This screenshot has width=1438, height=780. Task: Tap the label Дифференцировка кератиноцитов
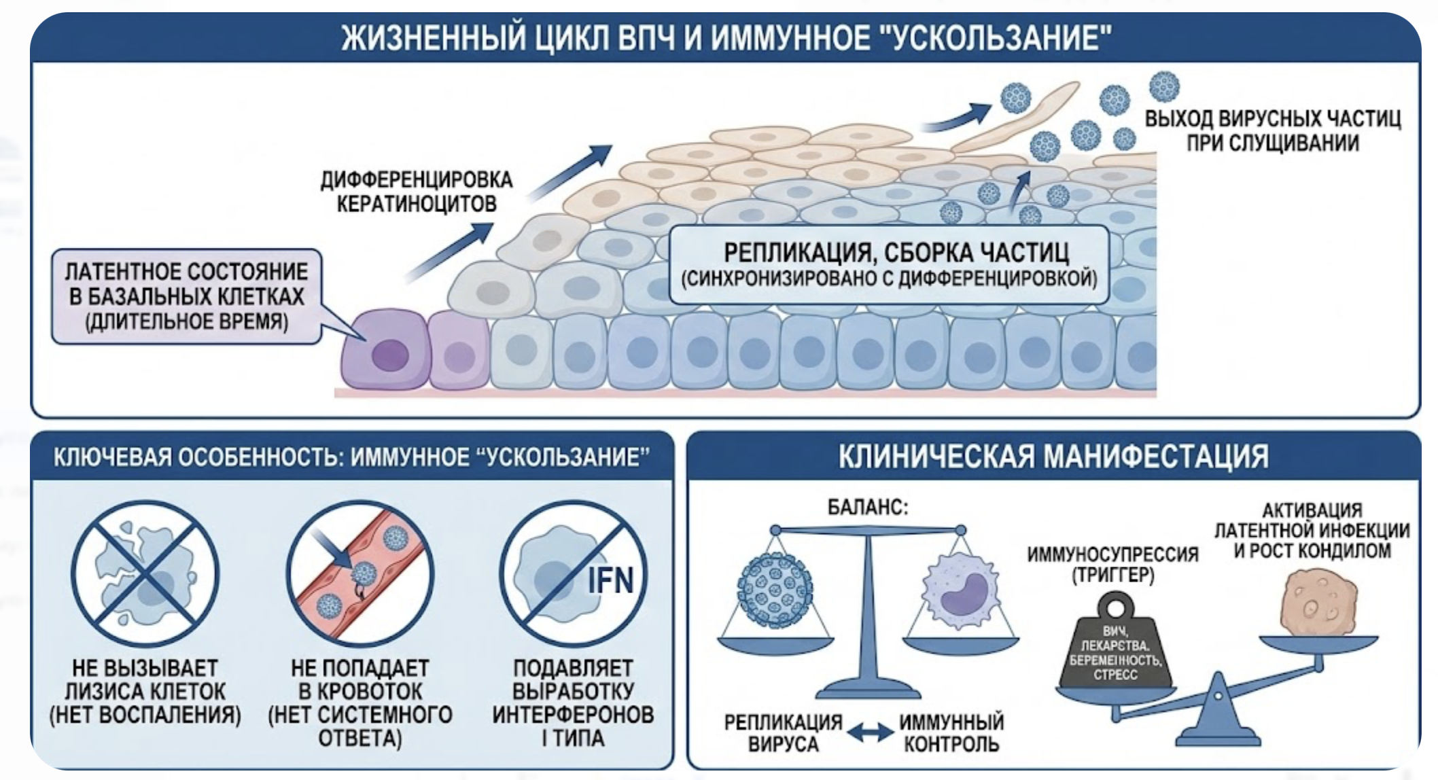click(x=417, y=192)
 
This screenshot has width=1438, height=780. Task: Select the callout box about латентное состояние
click(x=186, y=296)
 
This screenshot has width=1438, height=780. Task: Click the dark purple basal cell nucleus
click(x=390, y=355)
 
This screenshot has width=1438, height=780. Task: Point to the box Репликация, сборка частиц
click(x=889, y=264)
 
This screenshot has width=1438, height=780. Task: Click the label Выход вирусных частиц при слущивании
click(x=1272, y=130)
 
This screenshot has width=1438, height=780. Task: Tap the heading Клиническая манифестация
click(x=1053, y=456)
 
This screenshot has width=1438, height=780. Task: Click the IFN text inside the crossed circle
click(x=610, y=580)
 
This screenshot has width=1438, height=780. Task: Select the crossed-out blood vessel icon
click(x=360, y=573)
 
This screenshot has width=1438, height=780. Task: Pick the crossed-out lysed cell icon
click(x=145, y=573)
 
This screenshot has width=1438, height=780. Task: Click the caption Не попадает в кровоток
click(x=360, y=703)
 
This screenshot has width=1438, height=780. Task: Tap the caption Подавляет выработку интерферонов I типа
click(x=573, y=703)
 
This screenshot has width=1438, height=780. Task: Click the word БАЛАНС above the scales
click(x=867, y=507)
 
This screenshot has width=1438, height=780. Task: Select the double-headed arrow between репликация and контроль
click(x=871, y=732)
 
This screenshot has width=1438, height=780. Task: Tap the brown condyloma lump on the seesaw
click(x=1318, y=603)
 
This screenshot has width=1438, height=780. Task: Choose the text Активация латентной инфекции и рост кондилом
click(x=1312, y=530)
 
